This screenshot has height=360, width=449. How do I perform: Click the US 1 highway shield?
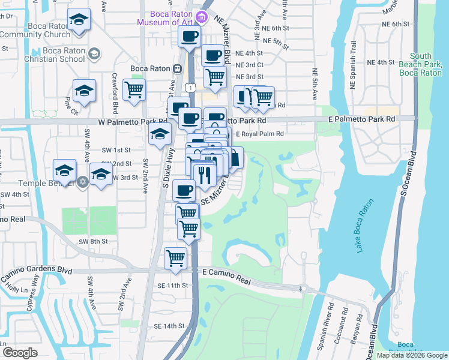point(190,88)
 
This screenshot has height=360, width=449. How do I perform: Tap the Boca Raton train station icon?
point(178,69)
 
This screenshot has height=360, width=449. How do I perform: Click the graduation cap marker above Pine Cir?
point(85,91)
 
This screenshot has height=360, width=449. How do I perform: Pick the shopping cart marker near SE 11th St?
point(175,258)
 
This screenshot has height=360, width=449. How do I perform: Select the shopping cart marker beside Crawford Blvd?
point(134,90)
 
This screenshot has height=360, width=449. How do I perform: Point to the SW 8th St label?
point(92,241)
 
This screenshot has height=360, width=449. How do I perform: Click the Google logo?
point(20,352)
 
